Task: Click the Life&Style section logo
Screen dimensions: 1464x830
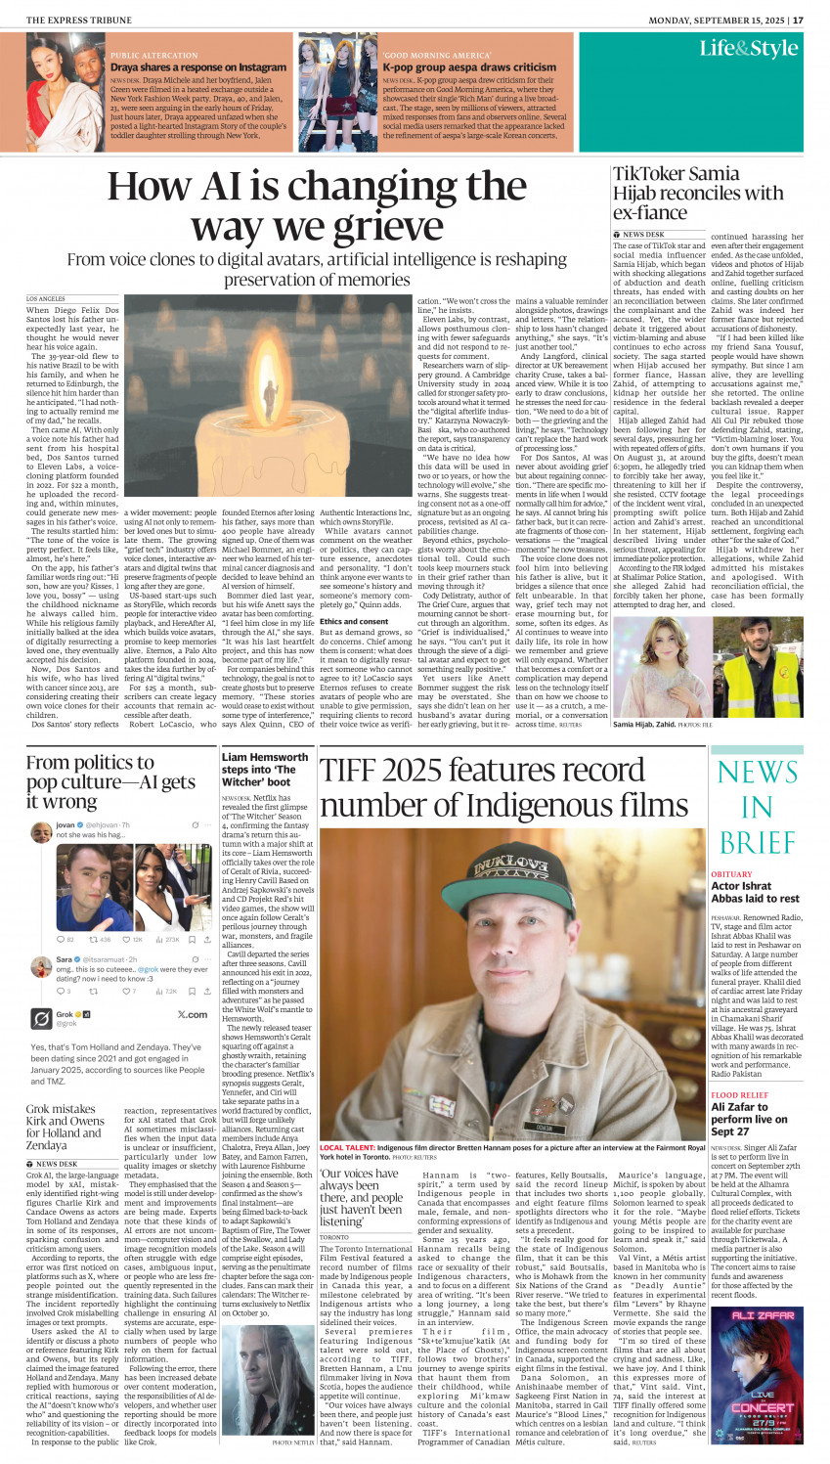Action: coord(748,49)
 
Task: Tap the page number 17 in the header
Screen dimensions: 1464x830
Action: coord(798,20)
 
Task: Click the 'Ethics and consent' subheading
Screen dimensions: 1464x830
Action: coord(354,621)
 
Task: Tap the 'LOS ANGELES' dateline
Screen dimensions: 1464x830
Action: coord(46,298)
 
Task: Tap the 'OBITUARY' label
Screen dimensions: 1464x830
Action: coord(731,874)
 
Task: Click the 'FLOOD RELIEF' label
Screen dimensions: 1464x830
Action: coord(739,1095)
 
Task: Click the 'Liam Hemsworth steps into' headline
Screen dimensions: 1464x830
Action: coord(265,769)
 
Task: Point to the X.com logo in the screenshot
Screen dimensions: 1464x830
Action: coord(192,1014)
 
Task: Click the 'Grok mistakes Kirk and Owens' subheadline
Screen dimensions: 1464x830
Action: coord(66,1127)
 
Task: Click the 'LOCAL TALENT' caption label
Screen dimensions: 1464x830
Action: coord(346,1147)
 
